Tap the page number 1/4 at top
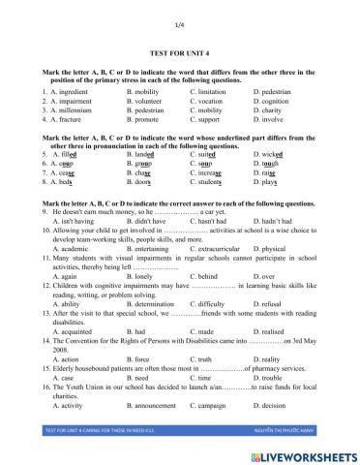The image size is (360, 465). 180,23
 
